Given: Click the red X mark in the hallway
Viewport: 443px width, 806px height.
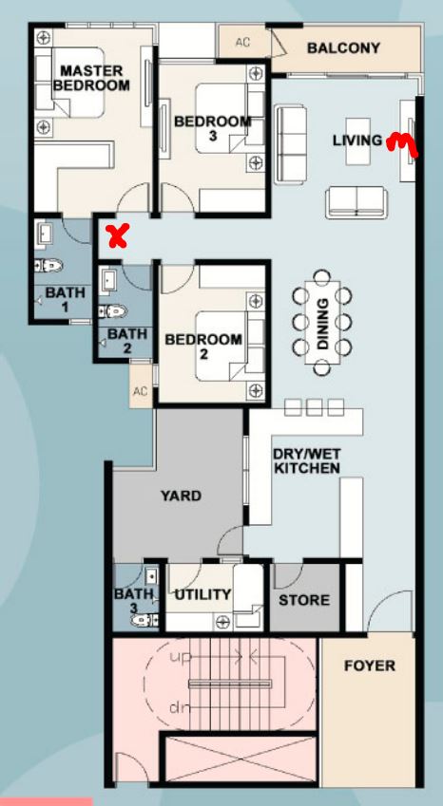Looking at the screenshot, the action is [x=117, y=236].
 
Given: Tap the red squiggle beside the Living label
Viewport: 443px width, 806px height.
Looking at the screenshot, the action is [x=402, y=143].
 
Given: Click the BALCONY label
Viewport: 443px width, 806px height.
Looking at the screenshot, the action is [x=343, y=48].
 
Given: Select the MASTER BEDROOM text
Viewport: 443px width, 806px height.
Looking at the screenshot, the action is [x=91, y=78].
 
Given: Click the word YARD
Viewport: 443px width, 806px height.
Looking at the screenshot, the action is [x=181, y=497].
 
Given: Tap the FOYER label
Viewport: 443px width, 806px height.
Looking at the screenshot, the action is [x=370, y=666].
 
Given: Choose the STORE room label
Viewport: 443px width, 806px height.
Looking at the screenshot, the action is [x=304, y=600].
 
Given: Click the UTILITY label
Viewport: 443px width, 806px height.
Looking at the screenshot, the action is [x=202, y=594].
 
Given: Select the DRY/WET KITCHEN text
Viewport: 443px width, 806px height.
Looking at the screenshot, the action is [x=306, y=461].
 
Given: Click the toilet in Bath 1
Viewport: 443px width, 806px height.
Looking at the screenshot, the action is [x=48, y=265].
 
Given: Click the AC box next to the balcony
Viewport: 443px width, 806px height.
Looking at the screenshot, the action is [x=242, y=42].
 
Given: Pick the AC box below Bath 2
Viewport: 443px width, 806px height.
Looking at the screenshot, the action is [x=141, y=391].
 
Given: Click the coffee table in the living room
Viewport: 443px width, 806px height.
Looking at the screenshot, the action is [x=357, y=141].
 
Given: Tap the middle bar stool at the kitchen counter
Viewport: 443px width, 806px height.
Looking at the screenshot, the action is [x=314, y=406].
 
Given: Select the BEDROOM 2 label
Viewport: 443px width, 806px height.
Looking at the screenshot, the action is [x=203, y=347].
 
